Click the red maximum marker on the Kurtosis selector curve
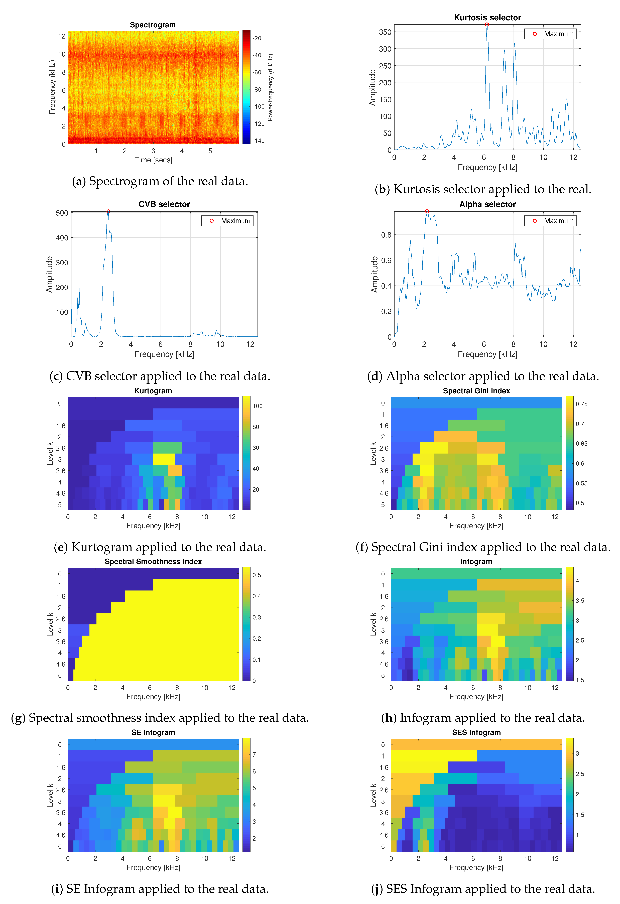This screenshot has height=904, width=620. coord(487,25)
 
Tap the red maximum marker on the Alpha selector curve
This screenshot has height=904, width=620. coord(427,211)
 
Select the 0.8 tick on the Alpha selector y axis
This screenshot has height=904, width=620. coord(386,235)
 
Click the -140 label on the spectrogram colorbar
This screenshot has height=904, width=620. coord(258,141)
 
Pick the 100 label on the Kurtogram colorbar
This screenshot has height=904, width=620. coord(258,406)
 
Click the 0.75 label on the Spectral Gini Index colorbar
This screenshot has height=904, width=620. coord(581,404)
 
